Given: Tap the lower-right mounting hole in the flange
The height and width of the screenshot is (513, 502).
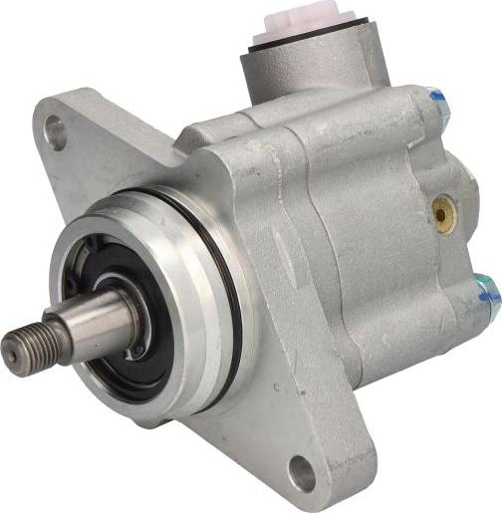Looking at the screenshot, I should click(301, 474).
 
